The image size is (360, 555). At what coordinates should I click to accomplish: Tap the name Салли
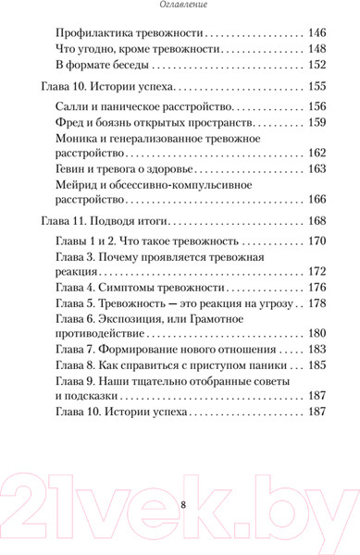[x=73, y=106]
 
